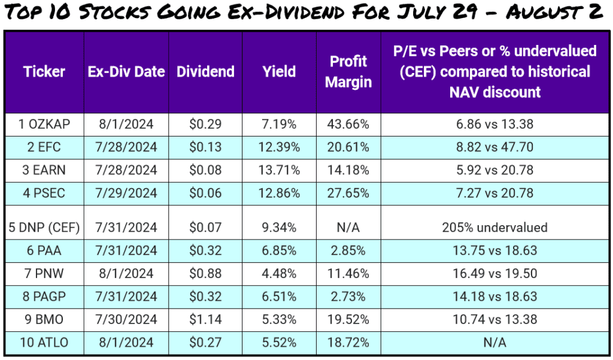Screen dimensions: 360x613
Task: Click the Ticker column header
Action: click(x=44, y=72)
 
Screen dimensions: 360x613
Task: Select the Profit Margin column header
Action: click(x=348, y=72)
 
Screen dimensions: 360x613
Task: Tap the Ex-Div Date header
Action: click(x=126, y=72)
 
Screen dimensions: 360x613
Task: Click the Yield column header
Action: click(x=279, y=72)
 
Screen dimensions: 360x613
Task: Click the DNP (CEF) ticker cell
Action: click(x=44, y=228)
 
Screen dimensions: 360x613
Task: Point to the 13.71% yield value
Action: click(x=279, y=170)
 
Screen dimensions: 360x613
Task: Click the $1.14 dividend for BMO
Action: click(x=205, y=319)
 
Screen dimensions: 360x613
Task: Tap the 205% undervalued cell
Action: click(x=495, y=228)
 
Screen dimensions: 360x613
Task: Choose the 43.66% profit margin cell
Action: click(x=348, y=125)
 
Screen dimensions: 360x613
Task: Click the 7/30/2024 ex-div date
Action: click(x=126, y=319)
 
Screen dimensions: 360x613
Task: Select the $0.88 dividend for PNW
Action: click(x=205, y=274)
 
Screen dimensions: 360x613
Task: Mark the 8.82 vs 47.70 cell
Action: click(x=495, y=147)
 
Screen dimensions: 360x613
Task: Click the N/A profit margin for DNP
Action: click(x=348, y=228)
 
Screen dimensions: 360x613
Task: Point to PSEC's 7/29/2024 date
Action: click(x=126, y=193)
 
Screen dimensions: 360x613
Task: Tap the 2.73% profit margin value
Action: click(x=348, y=297)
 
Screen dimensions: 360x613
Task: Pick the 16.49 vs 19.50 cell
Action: click(x=495, y=274)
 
